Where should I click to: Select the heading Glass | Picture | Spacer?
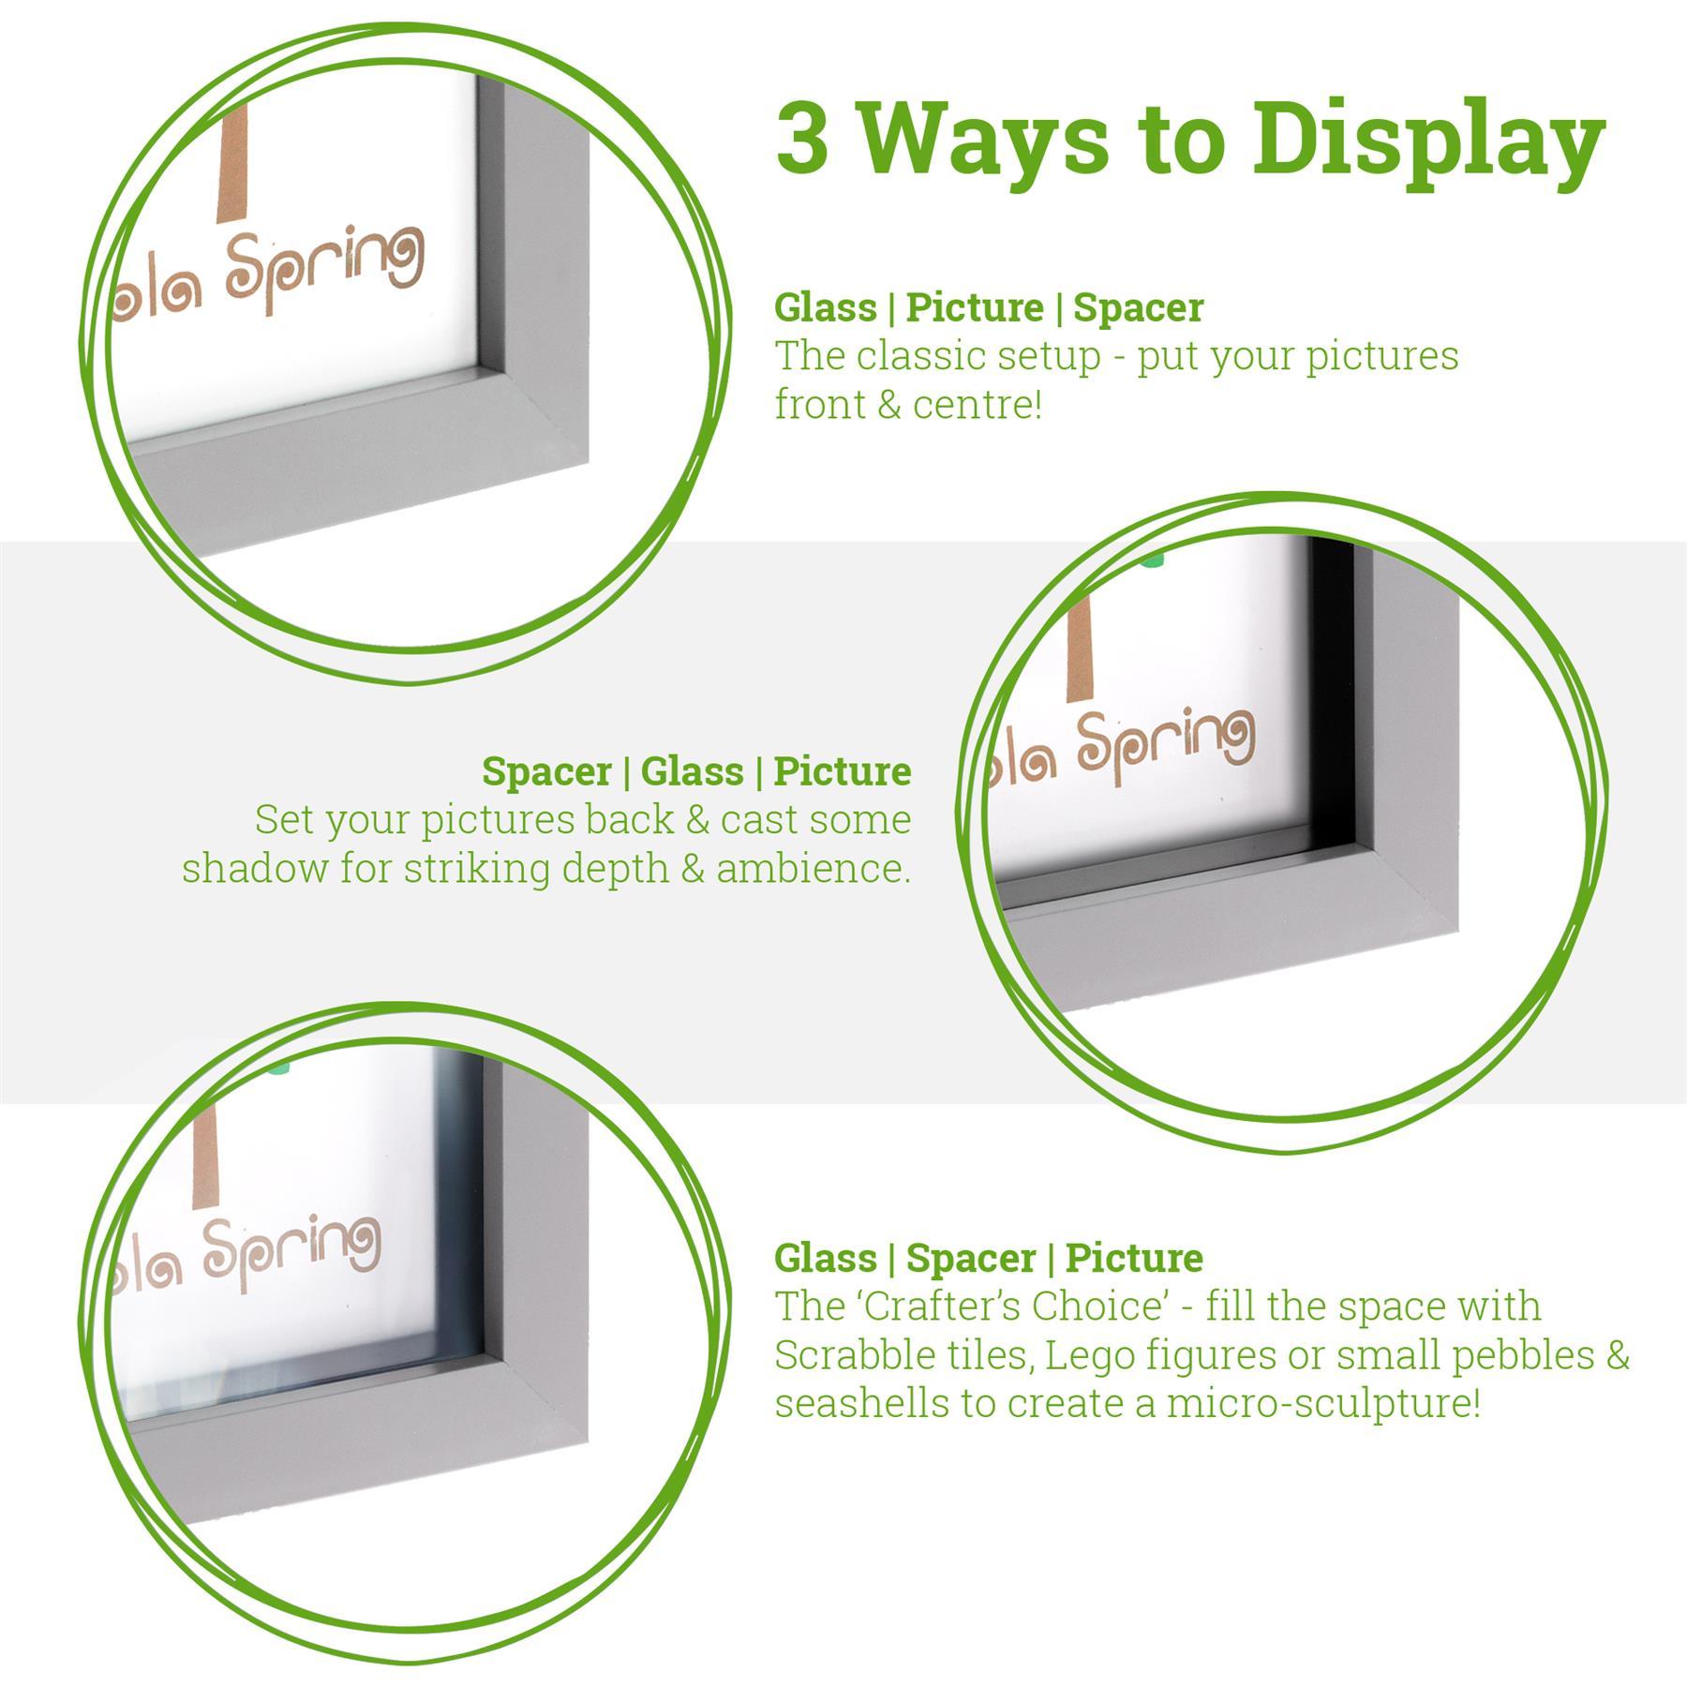(989, 307)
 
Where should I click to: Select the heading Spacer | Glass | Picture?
(696, 771)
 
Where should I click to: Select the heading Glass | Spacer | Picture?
(989, 1258)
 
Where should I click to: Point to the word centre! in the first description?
(974, 406)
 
